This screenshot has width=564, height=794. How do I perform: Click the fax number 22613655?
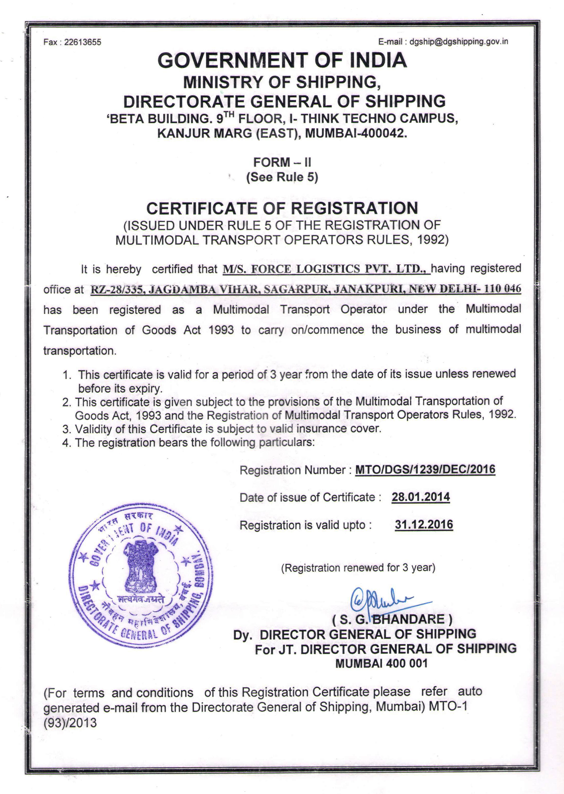[83, 42]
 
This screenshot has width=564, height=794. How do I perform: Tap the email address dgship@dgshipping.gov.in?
[459, 42]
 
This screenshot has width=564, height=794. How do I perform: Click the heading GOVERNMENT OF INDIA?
[282, 60]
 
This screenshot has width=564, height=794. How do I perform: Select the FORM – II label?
[282, 162]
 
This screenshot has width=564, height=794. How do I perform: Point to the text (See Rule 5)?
[282, 177]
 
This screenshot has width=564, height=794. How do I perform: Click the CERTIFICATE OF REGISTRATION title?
[282, 208]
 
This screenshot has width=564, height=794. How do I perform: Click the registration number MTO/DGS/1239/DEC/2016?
[425, 470]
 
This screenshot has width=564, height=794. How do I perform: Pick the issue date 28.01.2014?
[421, 497]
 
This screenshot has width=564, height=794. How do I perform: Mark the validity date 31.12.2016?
[424, 524]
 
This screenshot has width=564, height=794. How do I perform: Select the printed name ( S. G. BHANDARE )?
[393, 619]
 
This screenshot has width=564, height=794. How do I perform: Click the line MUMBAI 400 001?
[381, 663]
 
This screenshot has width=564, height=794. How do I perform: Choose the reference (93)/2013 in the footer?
[70, 723]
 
